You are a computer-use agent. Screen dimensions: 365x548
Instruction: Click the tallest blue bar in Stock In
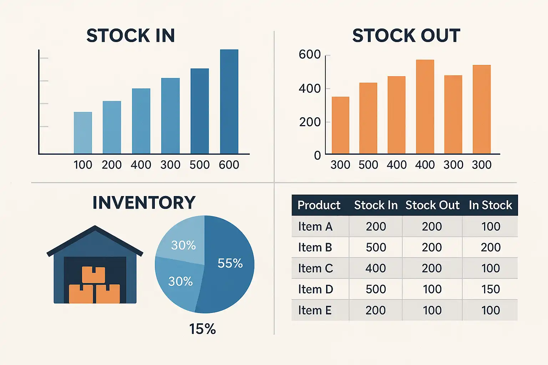point(229,102)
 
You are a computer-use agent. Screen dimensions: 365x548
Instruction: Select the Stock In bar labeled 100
point(83,133)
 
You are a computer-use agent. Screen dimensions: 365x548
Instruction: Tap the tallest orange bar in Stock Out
point(425,107)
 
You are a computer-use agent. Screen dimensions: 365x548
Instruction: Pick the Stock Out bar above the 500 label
point(368,118)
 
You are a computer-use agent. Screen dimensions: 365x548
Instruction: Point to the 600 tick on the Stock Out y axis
point(310,55)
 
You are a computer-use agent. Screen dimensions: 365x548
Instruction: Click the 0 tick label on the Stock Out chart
point(317,155)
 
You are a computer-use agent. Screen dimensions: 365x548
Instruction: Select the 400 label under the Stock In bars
point(141,165)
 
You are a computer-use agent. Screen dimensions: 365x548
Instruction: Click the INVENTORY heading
point(144,202)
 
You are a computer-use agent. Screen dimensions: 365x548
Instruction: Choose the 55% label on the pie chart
point(230,263)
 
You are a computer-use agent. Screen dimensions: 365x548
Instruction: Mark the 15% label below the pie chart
point(202,329)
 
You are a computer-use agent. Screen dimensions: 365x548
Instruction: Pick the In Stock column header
point(490,205)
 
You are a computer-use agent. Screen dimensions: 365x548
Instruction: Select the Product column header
point(319,205)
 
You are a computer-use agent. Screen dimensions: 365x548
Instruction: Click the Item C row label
point(315,268)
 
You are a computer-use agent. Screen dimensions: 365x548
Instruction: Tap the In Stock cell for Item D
point(491,289)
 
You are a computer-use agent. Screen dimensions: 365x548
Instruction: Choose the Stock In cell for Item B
point(376,247)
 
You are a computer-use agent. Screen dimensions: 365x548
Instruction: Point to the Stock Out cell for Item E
point(432,310)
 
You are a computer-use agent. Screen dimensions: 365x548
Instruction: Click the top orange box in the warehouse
point(93,274)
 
